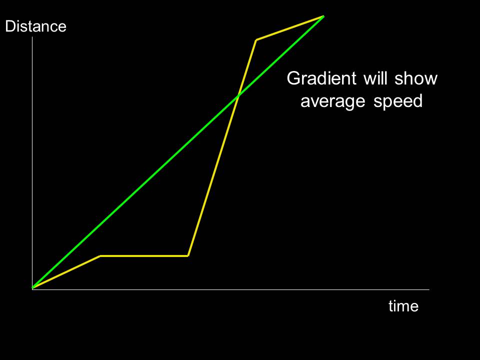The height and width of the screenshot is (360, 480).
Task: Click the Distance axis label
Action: [35, 26]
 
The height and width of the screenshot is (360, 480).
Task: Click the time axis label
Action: [403, 306]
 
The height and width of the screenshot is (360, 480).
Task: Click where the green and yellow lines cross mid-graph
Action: [238, 96]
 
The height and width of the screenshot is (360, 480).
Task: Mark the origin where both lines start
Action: [32, 288]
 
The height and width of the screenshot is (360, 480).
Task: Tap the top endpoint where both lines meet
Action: [323, 16]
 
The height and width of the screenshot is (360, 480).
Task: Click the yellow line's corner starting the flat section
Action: [100, 256]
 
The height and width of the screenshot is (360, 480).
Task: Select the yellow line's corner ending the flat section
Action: [188, 256]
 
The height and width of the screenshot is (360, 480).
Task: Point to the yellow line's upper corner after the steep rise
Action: [256, 39]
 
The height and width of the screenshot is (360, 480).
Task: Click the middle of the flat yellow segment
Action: [144, 256]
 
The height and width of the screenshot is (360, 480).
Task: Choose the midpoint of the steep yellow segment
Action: [222, 148]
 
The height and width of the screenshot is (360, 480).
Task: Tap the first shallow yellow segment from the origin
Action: [66, 272]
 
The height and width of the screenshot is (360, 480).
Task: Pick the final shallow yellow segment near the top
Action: [290, 28]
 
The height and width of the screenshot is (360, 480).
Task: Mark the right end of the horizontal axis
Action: [428, 289]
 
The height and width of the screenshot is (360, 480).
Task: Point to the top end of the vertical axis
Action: [32, 38]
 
